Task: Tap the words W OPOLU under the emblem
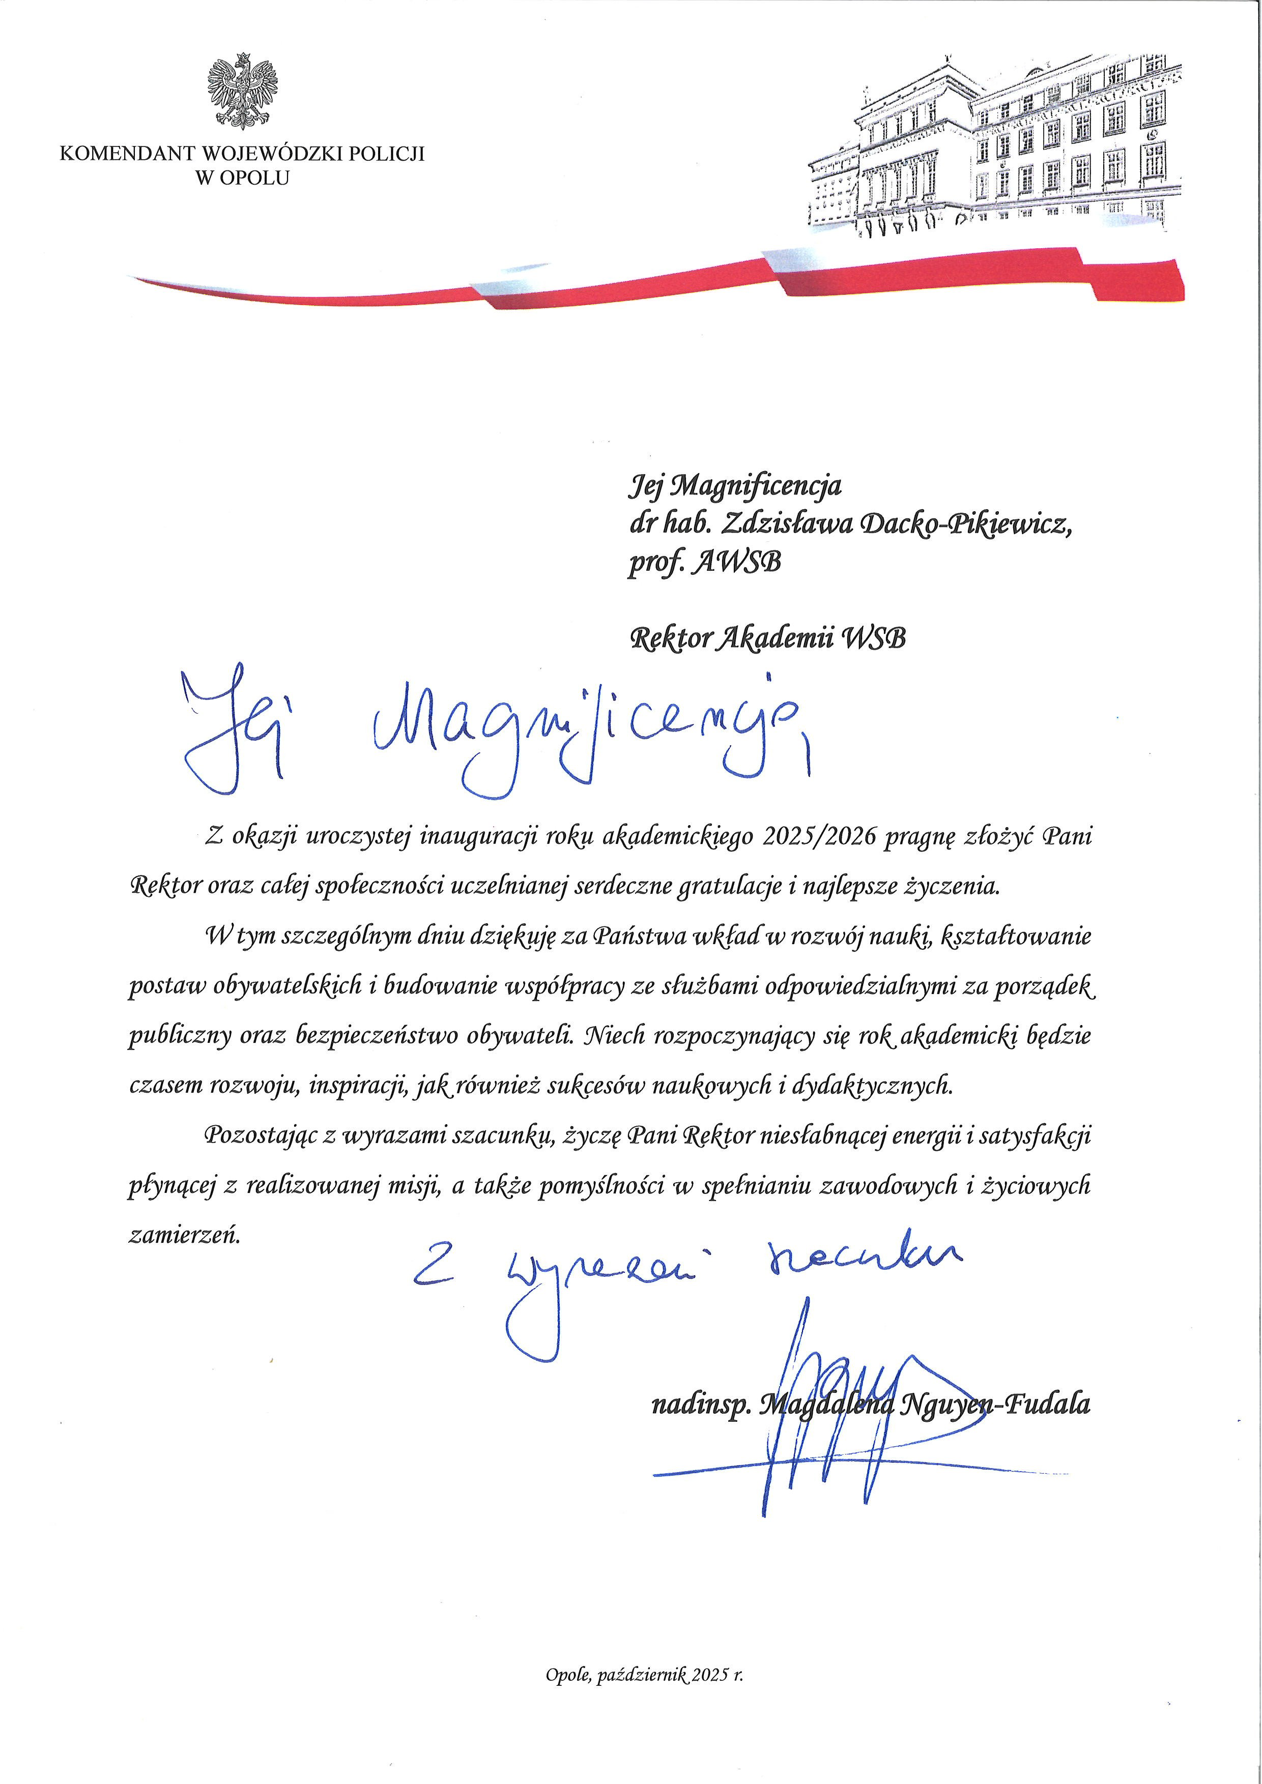point(242,178)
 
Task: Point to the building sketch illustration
point(995,148)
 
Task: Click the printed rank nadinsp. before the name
point(699,1404)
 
